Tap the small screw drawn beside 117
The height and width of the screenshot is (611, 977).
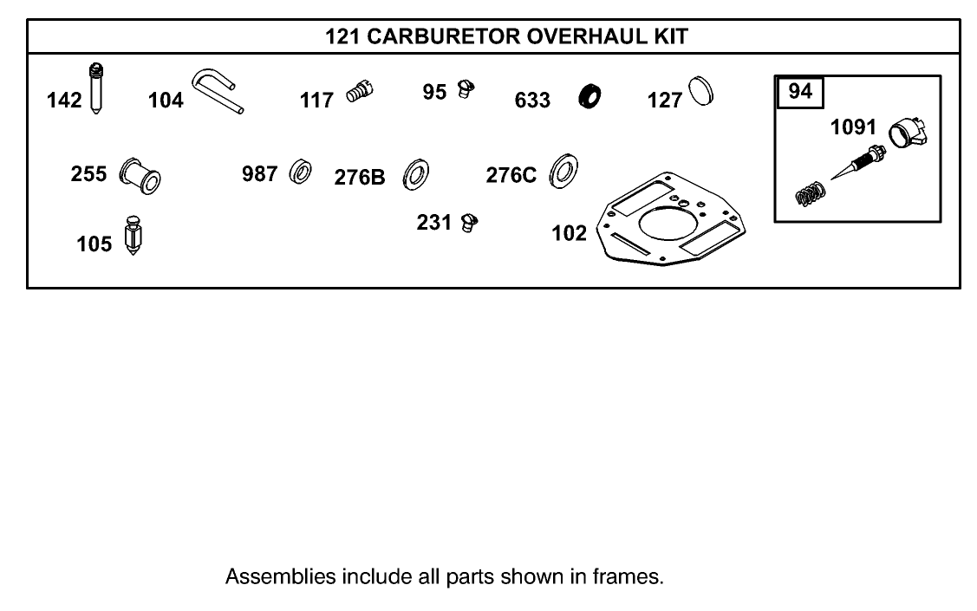358,89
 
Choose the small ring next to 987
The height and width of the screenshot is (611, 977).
302,172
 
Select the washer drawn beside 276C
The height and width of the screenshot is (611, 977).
565,170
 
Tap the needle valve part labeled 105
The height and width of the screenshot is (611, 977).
134,234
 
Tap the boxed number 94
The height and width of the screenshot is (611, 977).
800,90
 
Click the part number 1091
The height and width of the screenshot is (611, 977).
853,127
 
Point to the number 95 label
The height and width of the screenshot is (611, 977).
435,90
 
